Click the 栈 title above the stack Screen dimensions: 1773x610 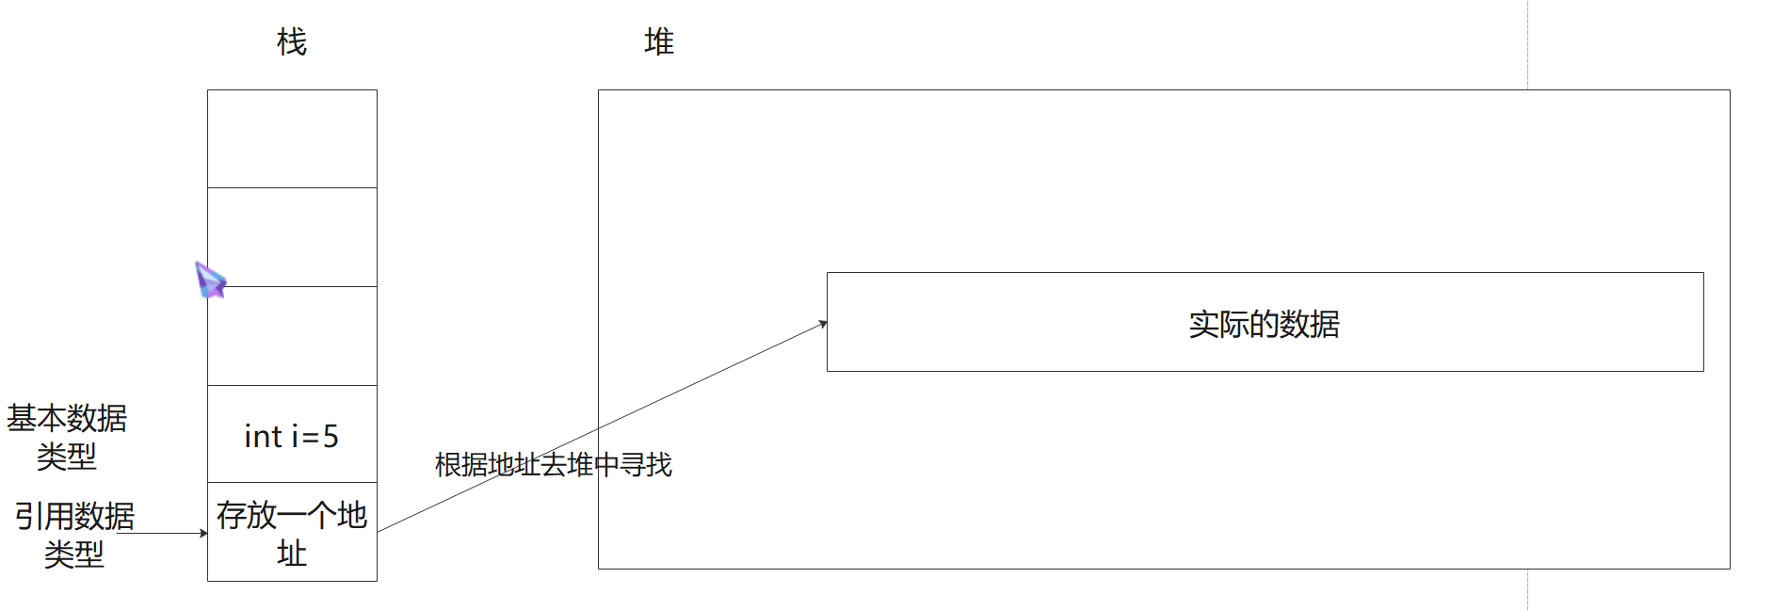tap(292, 42)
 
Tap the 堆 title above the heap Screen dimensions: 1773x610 tap(659, 42)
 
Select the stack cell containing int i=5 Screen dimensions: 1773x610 tap(292, 434)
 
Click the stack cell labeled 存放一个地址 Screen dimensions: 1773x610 tap(292, 532)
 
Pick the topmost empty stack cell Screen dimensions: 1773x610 tap(292, 139)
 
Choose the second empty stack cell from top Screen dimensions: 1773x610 tap(292, 237)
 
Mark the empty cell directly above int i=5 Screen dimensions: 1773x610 tap(292, 336)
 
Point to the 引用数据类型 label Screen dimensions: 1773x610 tap(74, 535)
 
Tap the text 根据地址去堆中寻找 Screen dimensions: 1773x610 tap(554, 464)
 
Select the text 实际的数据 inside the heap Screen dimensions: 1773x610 tap(1264, 324)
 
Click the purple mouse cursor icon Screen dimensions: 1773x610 tap(210, 280)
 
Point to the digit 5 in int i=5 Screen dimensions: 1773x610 tap(330, 437)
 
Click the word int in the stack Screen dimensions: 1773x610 tap(263, 437)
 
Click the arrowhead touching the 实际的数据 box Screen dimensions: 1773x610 tap(823, 324)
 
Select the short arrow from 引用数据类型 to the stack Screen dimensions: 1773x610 tap(169, 533)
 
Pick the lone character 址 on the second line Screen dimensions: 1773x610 tap(292, 554)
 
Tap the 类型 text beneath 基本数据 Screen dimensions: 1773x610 tap(67, 457)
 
